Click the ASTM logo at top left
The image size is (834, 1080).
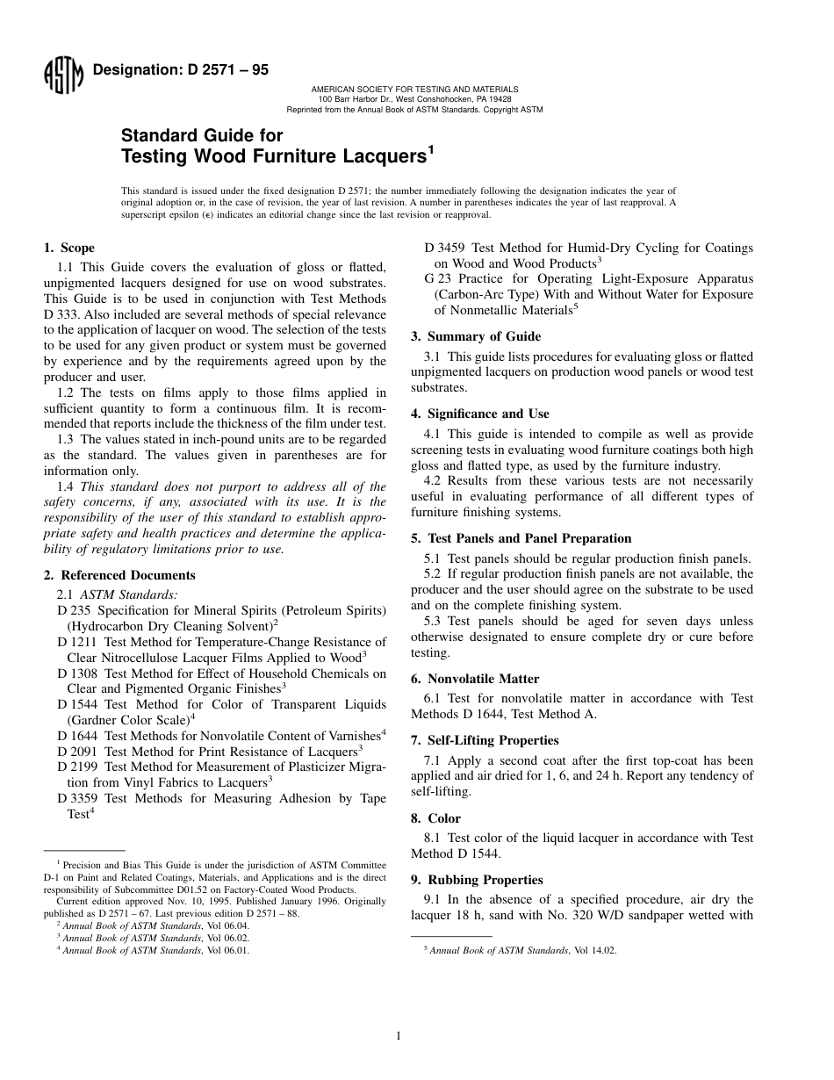coord(62,77)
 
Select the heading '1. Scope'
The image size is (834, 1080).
coord(69,248)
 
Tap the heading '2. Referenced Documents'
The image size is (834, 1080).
coord(119,575)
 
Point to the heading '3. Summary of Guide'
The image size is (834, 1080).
coord(476,336)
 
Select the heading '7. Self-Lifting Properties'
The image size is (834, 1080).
coord(485,740)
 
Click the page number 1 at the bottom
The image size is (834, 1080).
coord(399,1036)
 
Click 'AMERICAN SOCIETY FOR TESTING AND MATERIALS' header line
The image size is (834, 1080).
coord(414,90)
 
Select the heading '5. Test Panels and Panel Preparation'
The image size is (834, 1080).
coord(521,538)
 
